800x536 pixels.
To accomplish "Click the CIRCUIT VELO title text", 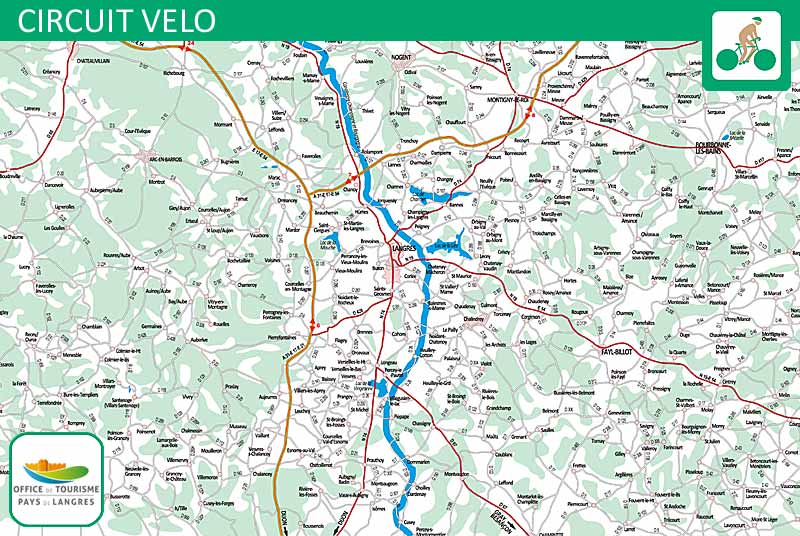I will [116, 20].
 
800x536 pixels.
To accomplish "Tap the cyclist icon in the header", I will [746, 43].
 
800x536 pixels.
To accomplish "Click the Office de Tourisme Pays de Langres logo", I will [57, 479].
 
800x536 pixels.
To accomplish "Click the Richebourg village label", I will [173, 73].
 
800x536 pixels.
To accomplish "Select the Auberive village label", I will [199, 339].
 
